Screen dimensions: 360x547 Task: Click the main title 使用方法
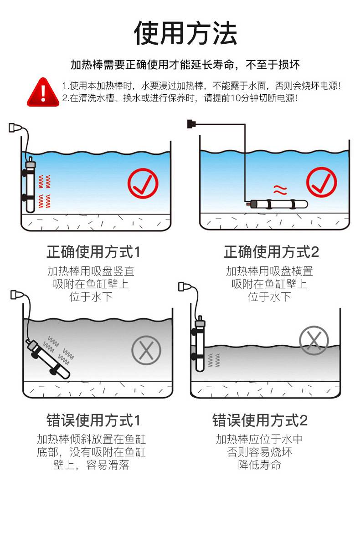[185, 33]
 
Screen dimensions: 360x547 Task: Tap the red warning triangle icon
[43, 92]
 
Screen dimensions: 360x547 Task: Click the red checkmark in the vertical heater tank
[143, 184]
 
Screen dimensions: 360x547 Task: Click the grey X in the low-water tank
[314, 340]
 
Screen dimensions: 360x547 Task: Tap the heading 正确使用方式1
[94, 252]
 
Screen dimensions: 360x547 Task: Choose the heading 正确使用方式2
[272, 252]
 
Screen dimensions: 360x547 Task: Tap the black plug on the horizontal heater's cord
[191, 123]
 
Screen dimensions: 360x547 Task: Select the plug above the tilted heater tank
[17, 295]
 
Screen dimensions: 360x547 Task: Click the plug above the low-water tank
[184, 286]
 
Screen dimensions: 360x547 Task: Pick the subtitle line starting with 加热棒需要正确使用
[185, 65]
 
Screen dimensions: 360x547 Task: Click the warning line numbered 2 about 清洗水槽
[180, 98]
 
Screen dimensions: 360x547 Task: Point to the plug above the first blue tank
[15, 128]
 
